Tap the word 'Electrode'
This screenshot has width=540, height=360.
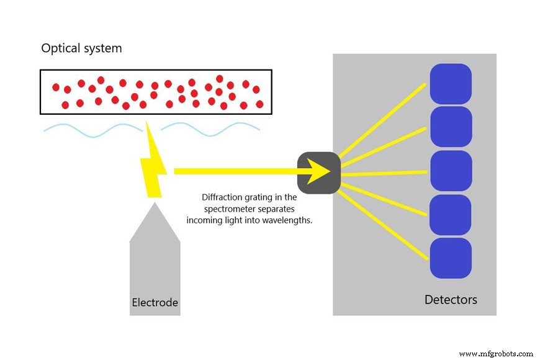coord(155,303)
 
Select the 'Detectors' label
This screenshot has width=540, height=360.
coord(451,300)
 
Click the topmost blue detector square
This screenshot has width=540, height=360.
coord(451,84)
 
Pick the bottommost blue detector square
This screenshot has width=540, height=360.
coord(451,258)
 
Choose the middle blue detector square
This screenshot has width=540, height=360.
coord(451,171)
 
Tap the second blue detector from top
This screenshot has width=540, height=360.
coord(451,127)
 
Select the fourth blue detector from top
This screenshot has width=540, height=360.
coord(451,215)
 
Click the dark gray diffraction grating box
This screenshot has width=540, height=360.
coord(318,172)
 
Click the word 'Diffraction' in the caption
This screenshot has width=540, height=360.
coord(218,197)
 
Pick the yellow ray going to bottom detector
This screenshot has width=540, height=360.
coord(384,221)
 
